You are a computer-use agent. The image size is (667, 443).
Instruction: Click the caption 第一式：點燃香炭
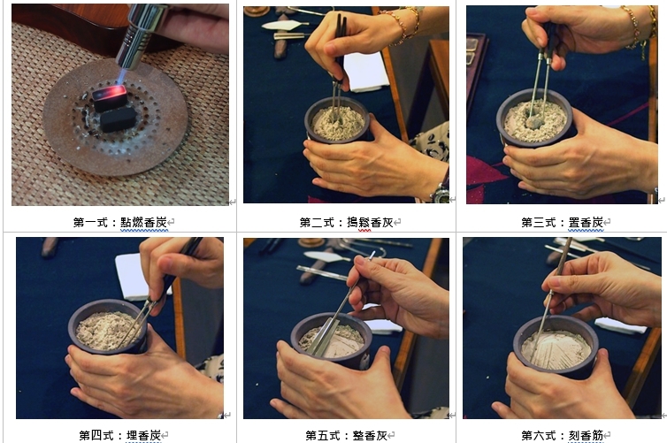pyautogui.click(x=120, y=222)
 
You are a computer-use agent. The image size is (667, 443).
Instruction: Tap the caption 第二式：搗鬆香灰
pyautogui.click(x=346, y=222)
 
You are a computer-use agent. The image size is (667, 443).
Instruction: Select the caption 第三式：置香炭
pyautogui.click(x=563, y=222)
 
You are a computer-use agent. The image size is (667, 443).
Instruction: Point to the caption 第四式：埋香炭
pyautogui.click(x=120, y=435)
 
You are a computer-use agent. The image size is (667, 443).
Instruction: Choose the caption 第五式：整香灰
pyautogui.click(x=346, y=435)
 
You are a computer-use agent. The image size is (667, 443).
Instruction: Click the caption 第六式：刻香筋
pyautogui.click(x=563, y=435)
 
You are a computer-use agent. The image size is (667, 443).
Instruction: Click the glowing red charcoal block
pyautogui.click(x=110, y=97)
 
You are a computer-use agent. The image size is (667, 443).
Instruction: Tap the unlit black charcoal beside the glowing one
pyautogui.click(x=118, y=119)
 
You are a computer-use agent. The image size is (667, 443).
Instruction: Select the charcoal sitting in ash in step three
pyautogui.click(x=533, y=122)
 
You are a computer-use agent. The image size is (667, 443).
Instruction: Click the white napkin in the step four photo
pyautogui.click(x=136, y=277)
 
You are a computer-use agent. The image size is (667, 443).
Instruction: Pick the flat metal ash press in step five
pyautogui.click(x=323, y=338)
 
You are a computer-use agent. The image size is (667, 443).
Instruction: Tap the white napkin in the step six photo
pyautogui.click(x=620, y=325)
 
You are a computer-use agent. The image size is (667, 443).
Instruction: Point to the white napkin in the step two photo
pyautogui.click(x=365, y=73)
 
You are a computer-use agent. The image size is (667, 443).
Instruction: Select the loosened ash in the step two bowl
pyautogui.click(x=338, y=122)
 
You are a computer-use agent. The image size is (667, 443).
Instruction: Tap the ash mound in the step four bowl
pyautogui.click(x=106, y=331)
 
